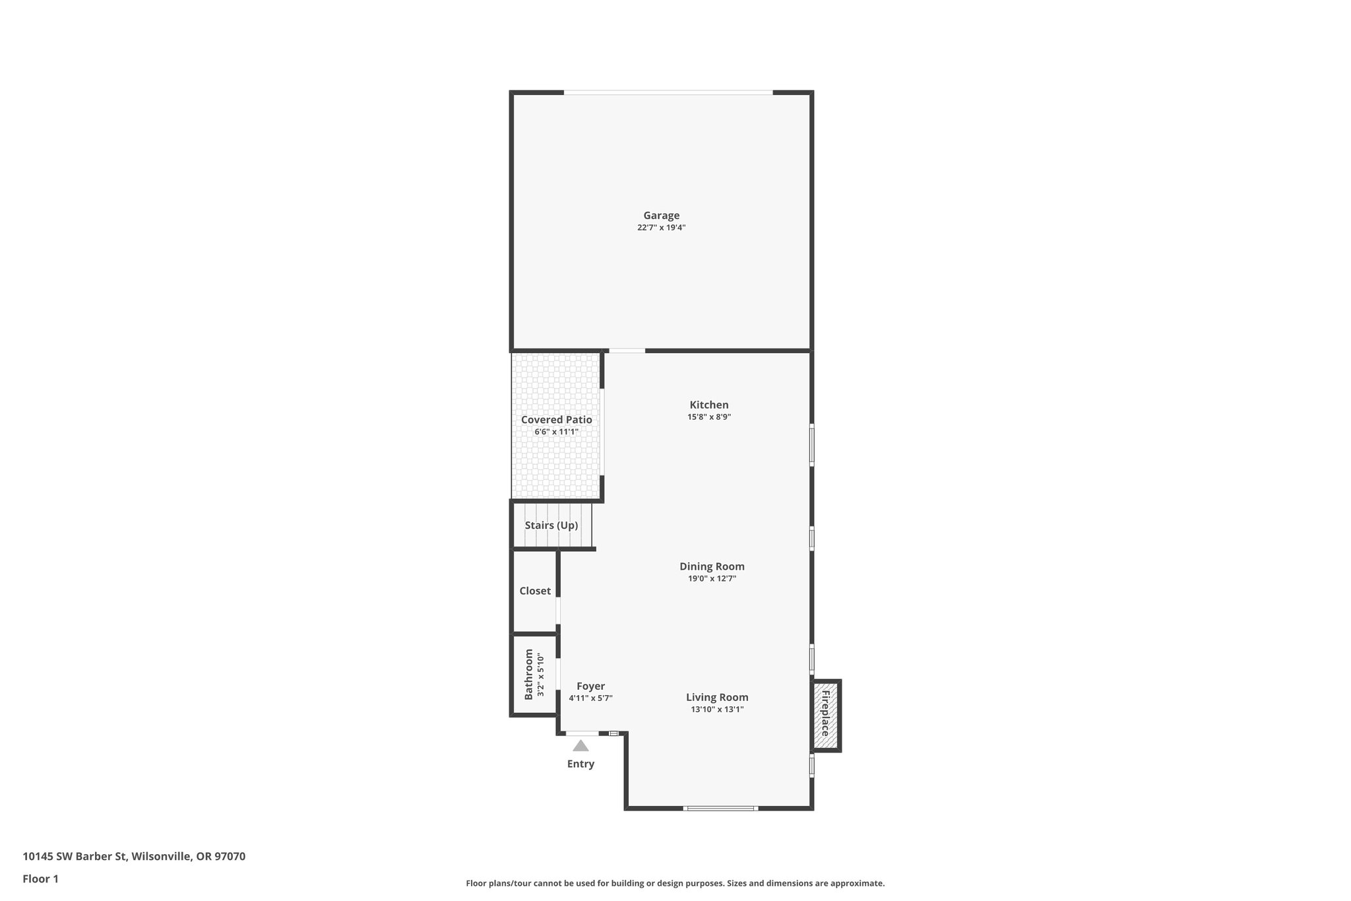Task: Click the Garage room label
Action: click(661, 215)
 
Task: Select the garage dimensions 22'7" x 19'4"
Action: click(661, 228)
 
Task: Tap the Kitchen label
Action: click(708, 405)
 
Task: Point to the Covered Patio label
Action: click(556, 420)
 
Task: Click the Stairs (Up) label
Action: click(551, 525)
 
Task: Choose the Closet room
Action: click(534, 591)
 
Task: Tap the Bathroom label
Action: click(528, 675)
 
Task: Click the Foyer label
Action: click(590, 686)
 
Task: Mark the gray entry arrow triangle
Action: click(581, 746)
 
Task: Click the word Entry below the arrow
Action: click(581, 764)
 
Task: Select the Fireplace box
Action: click(825, 716)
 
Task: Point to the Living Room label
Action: click(717, 697)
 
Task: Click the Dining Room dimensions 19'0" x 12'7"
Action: click(712, 579)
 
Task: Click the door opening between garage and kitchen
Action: click(627, 350)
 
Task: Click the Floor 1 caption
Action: click(40, 879)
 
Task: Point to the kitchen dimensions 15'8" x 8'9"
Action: click(708, 417)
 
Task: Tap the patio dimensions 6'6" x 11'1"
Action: click(556, 432)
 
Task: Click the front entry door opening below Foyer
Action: click(582, 733)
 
